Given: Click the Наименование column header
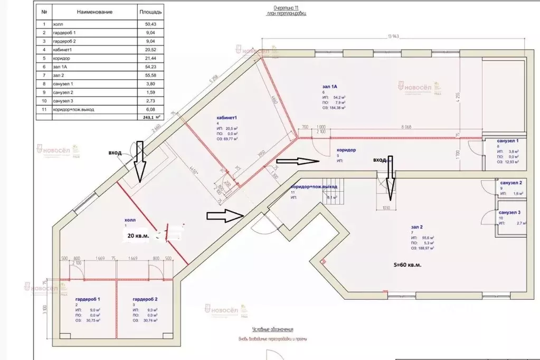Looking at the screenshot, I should coord(94,11).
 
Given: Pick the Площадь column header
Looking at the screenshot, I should coord(151,11).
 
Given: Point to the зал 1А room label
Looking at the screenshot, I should coord(329,86).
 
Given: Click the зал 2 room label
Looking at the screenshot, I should coord(416,227).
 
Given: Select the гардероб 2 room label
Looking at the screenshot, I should coord(145,299).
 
